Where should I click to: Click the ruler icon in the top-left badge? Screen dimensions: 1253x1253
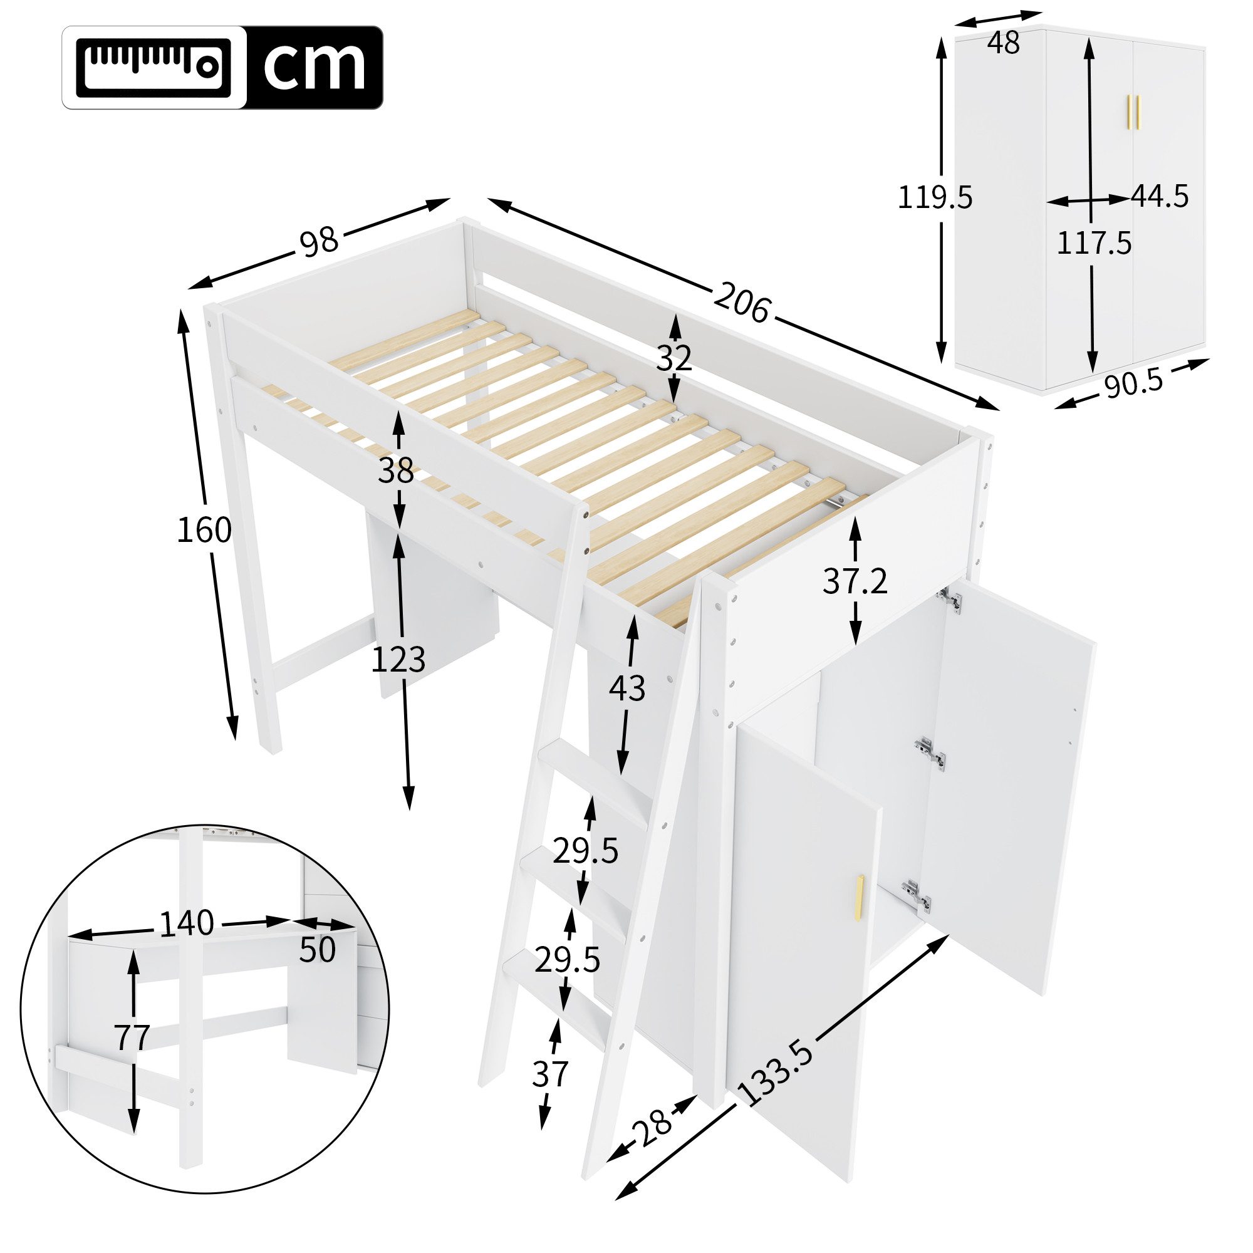pos(153,68)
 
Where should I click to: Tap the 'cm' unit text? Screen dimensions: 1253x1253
pos(314,68)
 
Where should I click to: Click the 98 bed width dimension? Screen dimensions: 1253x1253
pos(319,241)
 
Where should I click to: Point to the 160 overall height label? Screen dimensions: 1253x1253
pos(204,531)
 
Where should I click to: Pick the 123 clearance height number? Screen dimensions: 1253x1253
pos(398,660)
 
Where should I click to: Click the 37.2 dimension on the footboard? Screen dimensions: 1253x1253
pos(854,582)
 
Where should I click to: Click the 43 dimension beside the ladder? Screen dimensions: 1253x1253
pos(626,688)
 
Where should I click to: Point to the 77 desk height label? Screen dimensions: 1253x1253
pos(132,1037)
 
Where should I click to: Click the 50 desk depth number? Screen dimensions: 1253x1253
pos(317,950)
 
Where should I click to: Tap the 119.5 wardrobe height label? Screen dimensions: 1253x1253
pos(935,197)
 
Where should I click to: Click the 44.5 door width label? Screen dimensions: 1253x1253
pos(1160,196)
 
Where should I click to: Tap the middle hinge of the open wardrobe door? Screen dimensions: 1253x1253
pos(930,754)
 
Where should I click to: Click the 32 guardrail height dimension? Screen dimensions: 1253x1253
pos(674,358)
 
